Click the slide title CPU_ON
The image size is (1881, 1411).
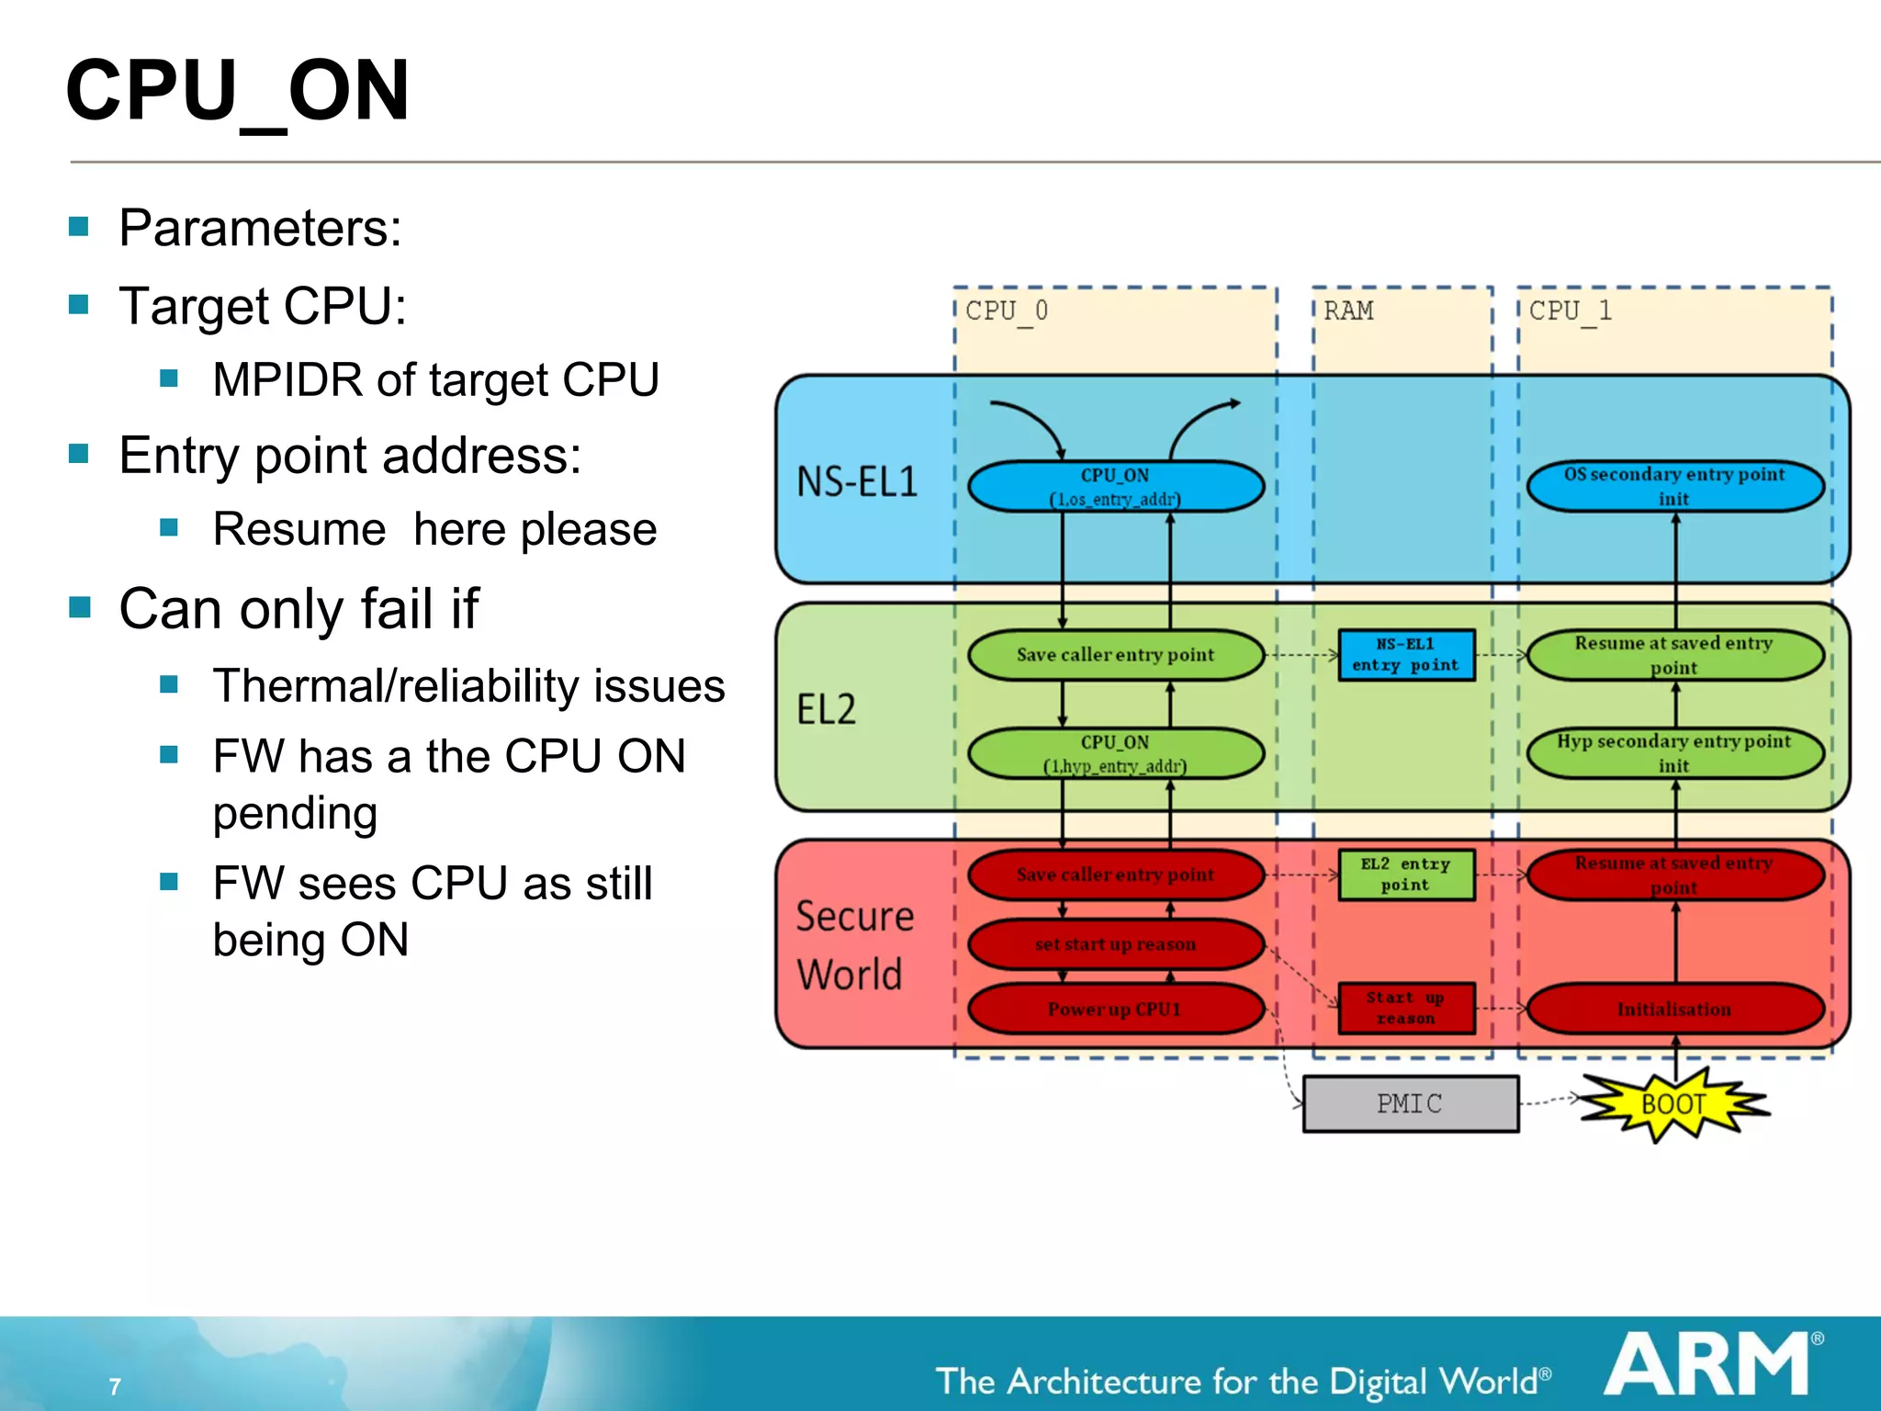click(x=237, y=90)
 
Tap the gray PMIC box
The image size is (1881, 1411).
click(x=1410, y=1103)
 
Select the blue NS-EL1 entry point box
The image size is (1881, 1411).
click(x=1406, y=655)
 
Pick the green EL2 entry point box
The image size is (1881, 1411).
click(x=1406, y=875)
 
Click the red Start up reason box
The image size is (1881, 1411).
click(x=1406, y=1008)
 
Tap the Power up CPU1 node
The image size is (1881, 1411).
click(x=1115, y=1009)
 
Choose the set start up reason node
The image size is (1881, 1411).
click(x=1115, y=944)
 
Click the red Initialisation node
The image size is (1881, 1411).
click(x=1674, y=1009)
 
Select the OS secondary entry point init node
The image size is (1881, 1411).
click(x=1674, y=486)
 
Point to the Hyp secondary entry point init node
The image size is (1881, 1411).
click(x=1674, y=753)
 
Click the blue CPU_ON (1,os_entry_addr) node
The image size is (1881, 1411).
click(x=1115, y=487)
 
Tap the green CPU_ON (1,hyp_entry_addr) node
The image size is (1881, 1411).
click(x=1115, y=753)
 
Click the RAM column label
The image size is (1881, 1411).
click(x=1348, y=311)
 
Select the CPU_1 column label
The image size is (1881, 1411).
click(x=1571, y=311)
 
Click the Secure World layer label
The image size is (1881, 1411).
click(x=854, y=944)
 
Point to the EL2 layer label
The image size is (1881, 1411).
click(x=827, y=709)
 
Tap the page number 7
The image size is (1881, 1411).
click(x=115, y=1386)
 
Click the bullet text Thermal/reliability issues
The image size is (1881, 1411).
click(x=468, y=685)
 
